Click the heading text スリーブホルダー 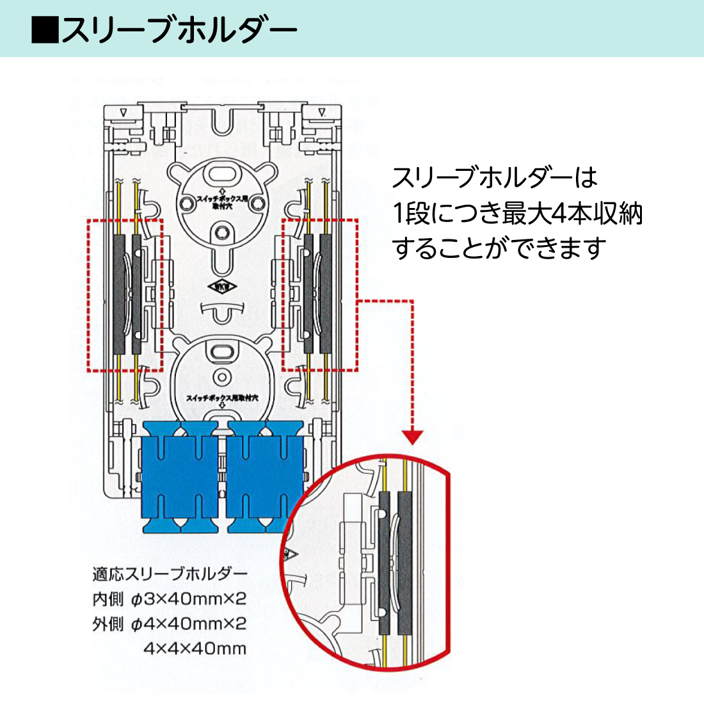coord(179,29)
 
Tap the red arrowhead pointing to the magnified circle coord(414,437)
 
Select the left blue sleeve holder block coord(181,477)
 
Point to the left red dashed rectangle coord(125,294)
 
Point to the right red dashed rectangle coord(320,294)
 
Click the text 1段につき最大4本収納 coord(517,213)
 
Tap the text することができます coord(499,248)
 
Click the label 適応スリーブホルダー coord(170,573)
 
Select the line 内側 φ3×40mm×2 coord(170,599)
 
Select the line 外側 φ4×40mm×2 coord(170,624)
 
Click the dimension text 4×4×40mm coord(195,648)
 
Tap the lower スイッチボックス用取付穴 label coord(221,398)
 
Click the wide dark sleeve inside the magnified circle coord(406,560)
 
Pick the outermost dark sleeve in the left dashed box coord(120,294)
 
